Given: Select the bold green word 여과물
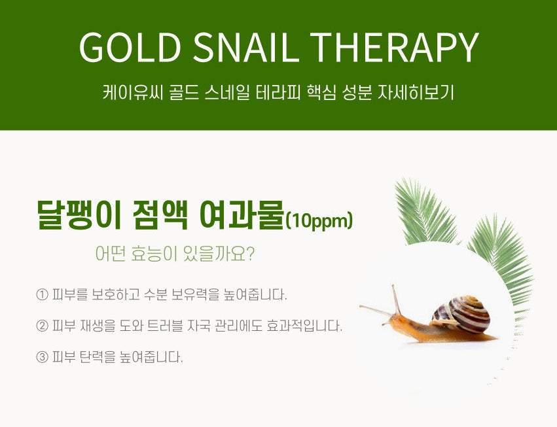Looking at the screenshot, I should click(x=242, y=214).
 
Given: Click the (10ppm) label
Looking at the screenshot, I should click(x=319, y=221).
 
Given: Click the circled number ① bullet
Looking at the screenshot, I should click(x=43, y=294).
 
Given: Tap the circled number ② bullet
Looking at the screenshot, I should click(x=43, y=326).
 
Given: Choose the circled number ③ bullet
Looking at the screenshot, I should click(x=43, y=358).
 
